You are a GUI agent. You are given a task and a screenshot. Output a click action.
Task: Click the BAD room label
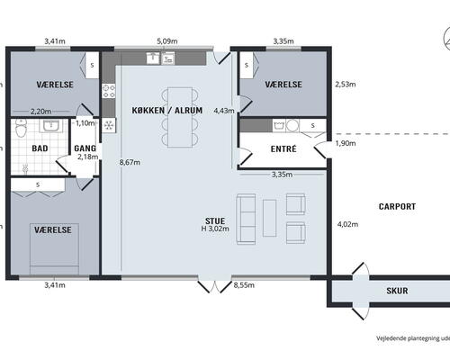[x=40, y=148]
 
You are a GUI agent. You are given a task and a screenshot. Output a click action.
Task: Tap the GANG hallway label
[x=85, y=148]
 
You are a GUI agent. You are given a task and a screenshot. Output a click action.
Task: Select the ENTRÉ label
[x=283, y=148]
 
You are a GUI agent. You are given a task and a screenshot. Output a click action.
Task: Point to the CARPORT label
[x=397, y=206]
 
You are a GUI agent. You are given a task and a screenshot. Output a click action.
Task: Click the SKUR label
[x=397, y=291]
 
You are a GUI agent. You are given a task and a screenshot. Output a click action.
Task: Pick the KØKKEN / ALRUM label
[x=167, y=111]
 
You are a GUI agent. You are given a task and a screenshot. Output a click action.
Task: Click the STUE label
[x=215, y=221]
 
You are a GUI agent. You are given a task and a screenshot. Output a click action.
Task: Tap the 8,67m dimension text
[x=130, y=162]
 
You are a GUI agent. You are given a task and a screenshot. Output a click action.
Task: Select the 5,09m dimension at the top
[x=167, y=41]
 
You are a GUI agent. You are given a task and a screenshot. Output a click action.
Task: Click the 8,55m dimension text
[x=244, y=285]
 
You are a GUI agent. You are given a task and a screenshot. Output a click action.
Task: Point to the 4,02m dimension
[x=347, y=224]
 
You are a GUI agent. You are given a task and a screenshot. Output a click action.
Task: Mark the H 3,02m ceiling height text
[x=215, y=229]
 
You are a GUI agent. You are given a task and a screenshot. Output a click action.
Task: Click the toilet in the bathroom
[x=21, y=129]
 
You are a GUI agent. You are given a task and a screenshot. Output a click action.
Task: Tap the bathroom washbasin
[x=52, y=125]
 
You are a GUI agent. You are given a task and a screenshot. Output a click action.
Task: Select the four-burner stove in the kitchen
[x=109, y=91]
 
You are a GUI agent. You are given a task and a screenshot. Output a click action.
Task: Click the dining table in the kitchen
[x=180, y=117]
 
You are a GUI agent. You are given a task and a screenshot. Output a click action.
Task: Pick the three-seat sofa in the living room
[x=246, y=219]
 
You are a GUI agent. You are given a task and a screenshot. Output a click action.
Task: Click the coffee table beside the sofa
[x=269, y=218]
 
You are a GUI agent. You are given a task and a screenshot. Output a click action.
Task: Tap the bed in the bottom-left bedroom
[x=54, y=248]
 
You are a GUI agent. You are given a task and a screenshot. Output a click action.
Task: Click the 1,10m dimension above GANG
[x=85, y=123]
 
